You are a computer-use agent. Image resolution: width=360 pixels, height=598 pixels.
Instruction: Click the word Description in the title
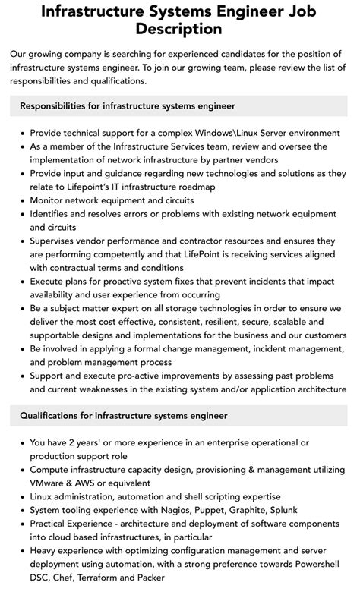(x=180, y=30)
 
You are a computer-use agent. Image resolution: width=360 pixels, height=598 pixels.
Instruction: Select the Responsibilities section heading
(x=128, y=105)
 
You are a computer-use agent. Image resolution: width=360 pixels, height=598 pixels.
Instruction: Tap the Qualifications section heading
(x=124, y=416)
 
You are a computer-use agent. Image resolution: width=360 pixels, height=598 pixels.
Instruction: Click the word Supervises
(x=58, y=241)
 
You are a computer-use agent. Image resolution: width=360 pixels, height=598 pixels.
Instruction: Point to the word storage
(x=207, y=309)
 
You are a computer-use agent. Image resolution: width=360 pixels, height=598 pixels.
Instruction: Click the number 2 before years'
(x=73, y=442)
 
